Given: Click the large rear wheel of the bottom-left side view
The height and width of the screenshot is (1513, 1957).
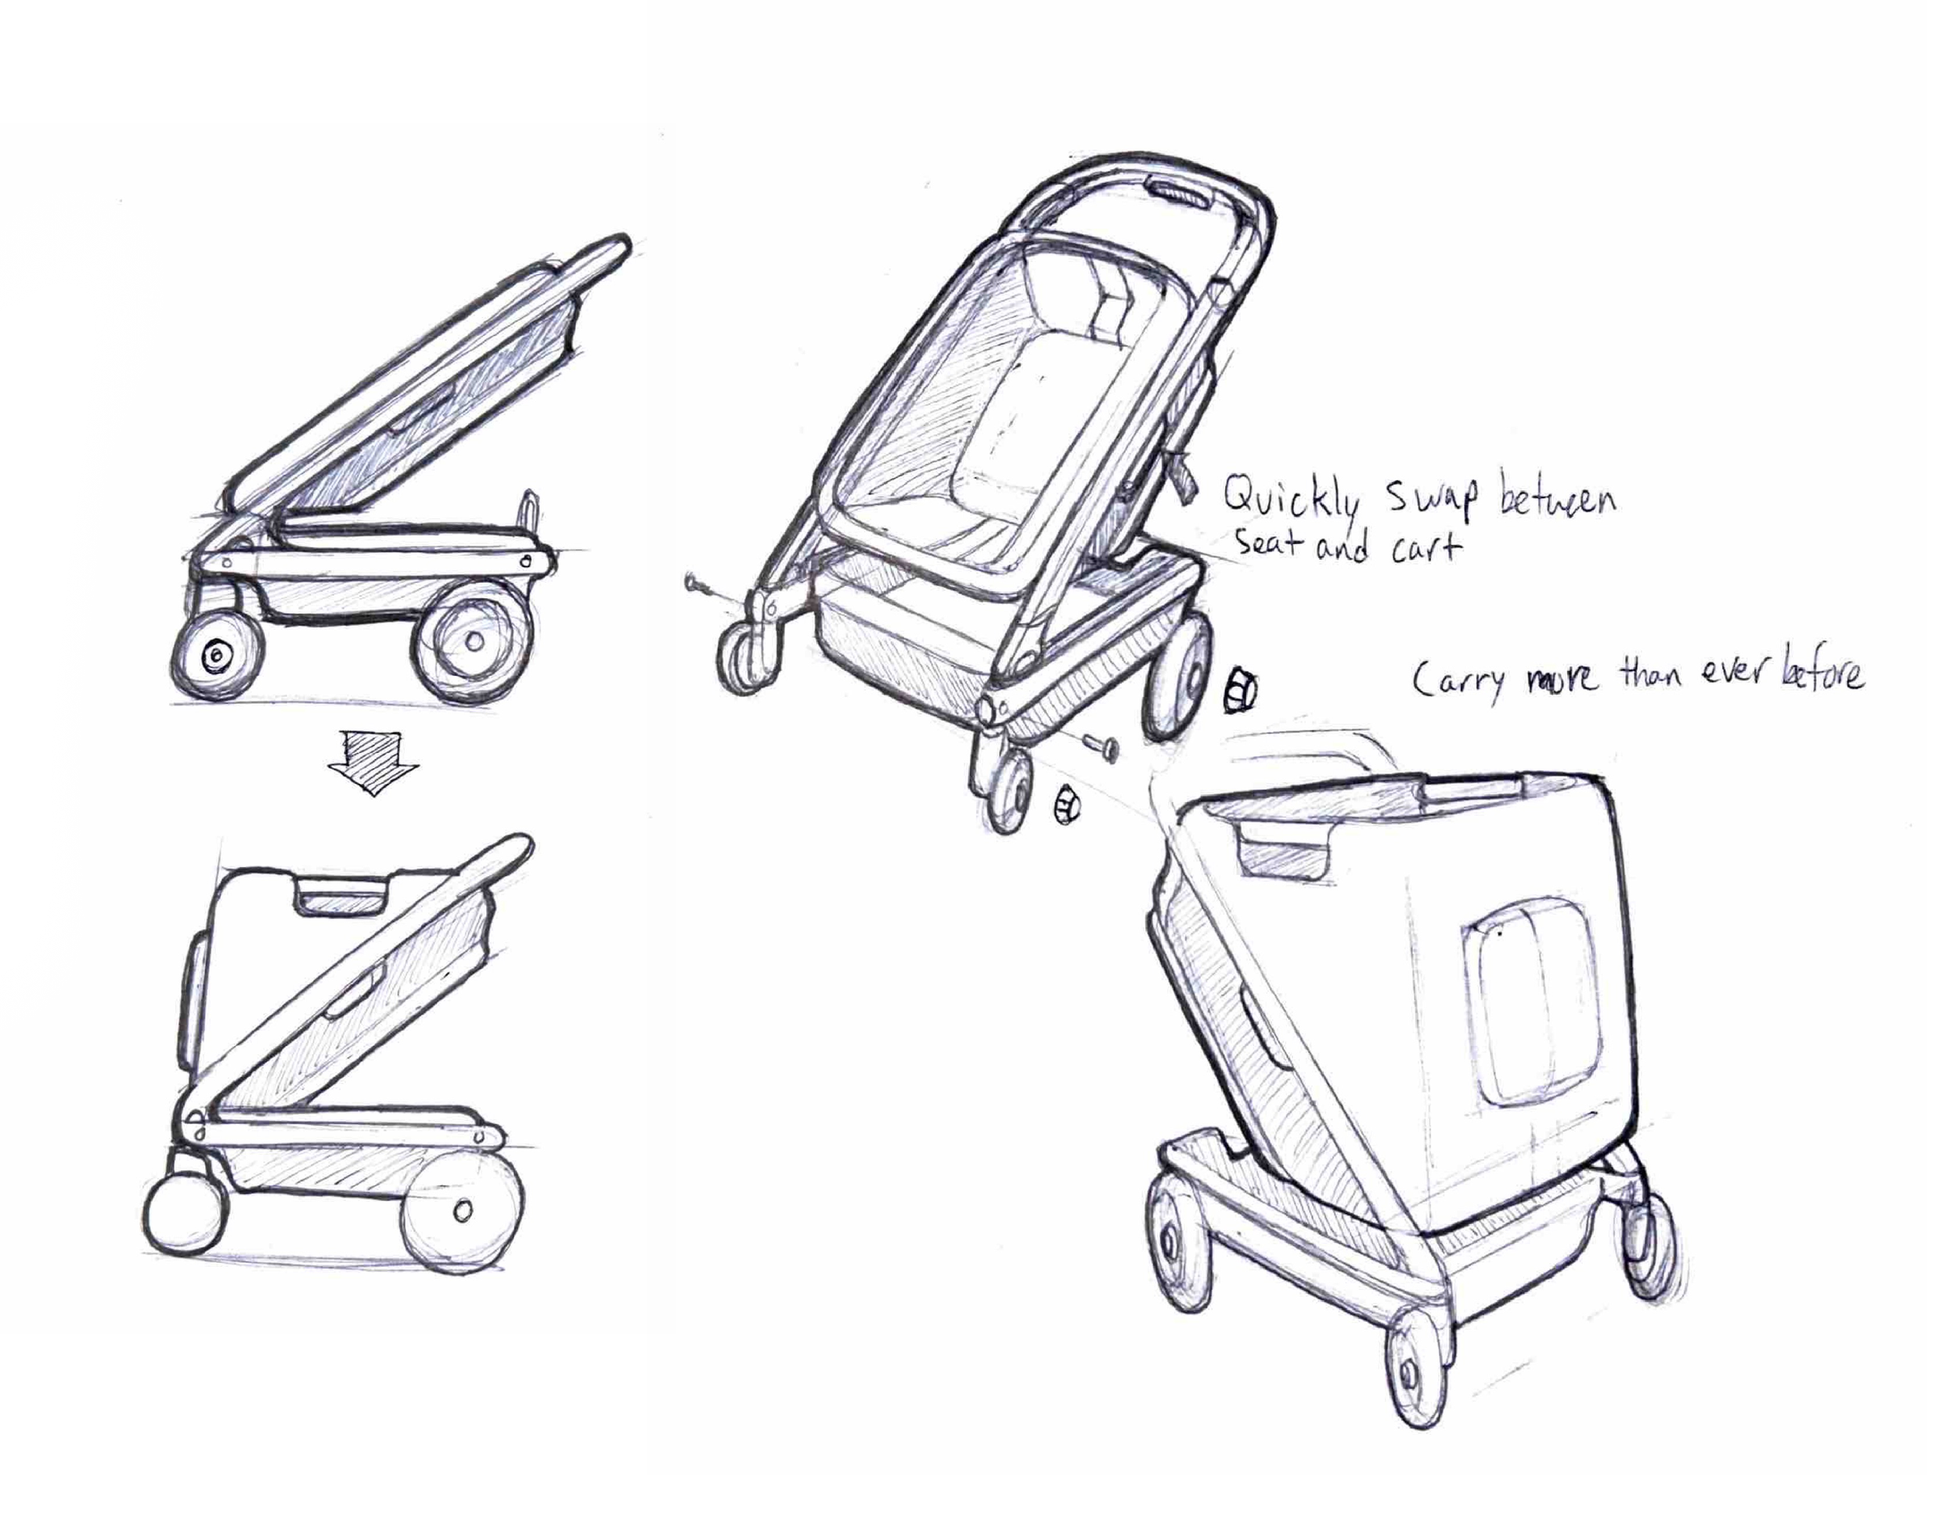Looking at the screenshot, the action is [x=463, y=1211].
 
